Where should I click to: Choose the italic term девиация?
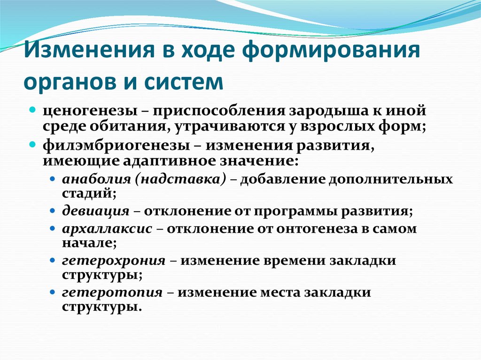point(95,211)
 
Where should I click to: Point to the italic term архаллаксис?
point(107,230)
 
